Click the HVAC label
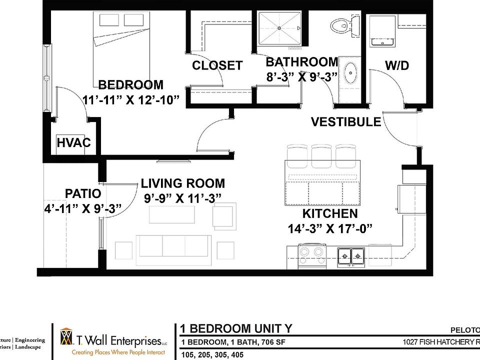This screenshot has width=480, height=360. coord(73,143)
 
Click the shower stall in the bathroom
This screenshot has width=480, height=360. coord(280,29)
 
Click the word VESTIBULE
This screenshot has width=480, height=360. coord(346,122)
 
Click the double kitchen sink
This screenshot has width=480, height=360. coord(351,256)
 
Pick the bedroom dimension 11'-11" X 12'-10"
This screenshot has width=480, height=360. coord(130,99)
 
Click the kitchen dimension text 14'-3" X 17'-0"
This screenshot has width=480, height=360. coord(330,229)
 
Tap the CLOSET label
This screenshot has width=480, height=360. coord(217,65)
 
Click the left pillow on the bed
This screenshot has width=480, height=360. coord(107,20)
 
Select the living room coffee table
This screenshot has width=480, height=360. coord(171,214)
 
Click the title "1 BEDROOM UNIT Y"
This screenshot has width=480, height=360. coord(236,328)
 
